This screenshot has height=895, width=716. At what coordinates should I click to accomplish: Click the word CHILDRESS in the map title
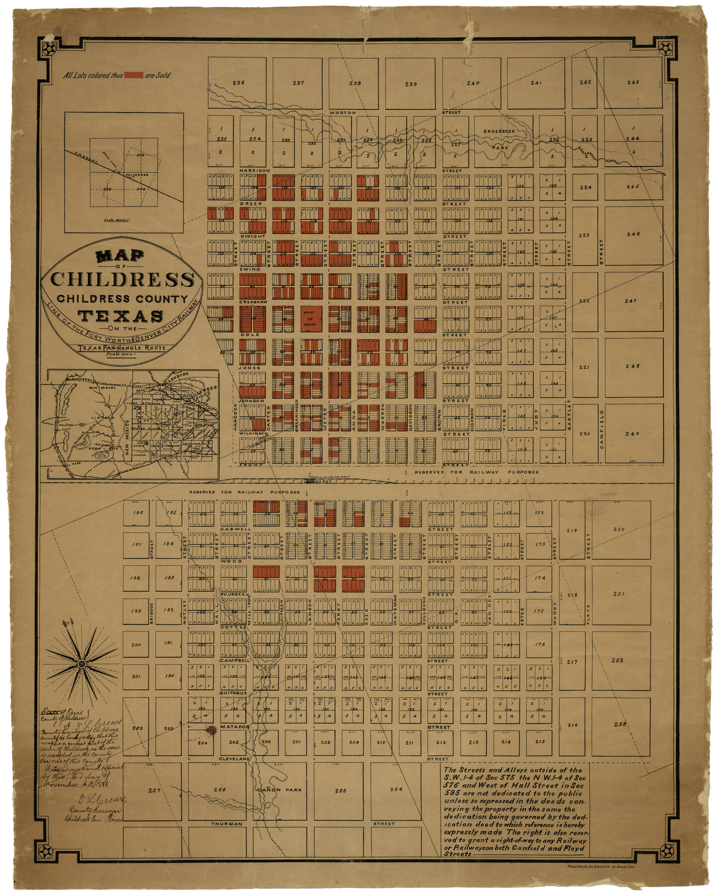[x=122, y=279]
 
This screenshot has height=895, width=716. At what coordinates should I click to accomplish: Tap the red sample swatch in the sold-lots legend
[x=133, y=75]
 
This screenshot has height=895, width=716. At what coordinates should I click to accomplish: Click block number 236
[x=239, y=83]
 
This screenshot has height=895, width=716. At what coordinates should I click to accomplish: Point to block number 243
[x=633, y=82]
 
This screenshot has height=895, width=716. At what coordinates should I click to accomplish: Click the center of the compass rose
[x=82, y=664]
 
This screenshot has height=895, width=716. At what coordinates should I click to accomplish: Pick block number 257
[x=154, y=790]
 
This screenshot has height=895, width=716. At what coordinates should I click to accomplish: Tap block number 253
[x=620, y=724]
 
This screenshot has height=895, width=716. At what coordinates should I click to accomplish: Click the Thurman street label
[x=227, y=824]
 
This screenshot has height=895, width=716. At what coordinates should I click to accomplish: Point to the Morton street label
[x=343, y=113]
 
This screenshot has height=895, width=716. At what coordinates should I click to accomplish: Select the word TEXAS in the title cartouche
[x=121, y=316]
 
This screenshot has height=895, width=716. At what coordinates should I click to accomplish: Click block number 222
[x=584, y=301]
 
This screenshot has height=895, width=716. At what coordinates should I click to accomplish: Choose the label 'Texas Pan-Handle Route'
[x=121, y=348]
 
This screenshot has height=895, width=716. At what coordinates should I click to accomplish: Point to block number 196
[x=138, y=513]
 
